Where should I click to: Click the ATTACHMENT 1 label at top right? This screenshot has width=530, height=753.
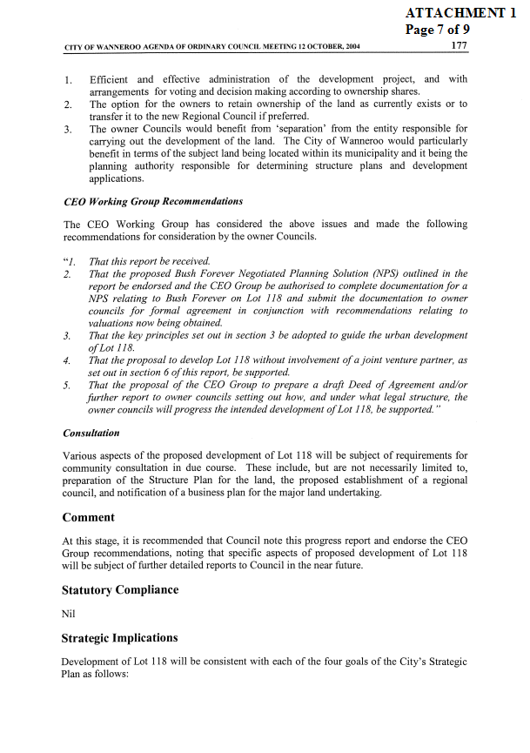(466, 12)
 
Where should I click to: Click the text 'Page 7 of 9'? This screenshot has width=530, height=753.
(438, 29)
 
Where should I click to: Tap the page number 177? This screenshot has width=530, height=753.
(460, 45)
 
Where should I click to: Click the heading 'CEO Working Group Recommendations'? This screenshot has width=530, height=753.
(153, 202)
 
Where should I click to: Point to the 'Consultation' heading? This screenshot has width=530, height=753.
(91, 433)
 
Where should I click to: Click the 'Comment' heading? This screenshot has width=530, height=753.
(88, 517)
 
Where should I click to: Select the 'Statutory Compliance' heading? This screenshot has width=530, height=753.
(120, 589)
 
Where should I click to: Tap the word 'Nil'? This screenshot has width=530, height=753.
(70, 614)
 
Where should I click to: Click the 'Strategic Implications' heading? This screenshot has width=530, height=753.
(120, 638)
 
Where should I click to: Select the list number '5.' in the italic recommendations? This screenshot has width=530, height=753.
(67, 385)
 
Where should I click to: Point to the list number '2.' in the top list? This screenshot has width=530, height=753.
(67, 104)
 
